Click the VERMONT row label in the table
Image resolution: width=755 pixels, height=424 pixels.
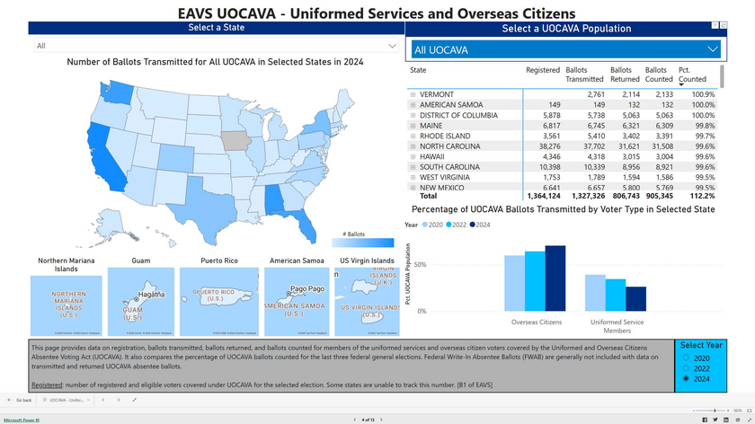[437, 94]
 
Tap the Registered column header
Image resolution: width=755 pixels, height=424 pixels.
[542, 70]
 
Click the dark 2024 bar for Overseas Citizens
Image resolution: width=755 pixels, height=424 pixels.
[555, 278]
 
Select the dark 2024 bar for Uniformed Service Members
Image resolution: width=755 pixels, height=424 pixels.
[635, 298]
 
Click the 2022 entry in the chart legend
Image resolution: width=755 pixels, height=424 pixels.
[457, 225]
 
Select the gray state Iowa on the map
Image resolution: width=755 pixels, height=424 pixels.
[236, 141]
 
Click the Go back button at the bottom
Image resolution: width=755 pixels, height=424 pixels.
[23, 400]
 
